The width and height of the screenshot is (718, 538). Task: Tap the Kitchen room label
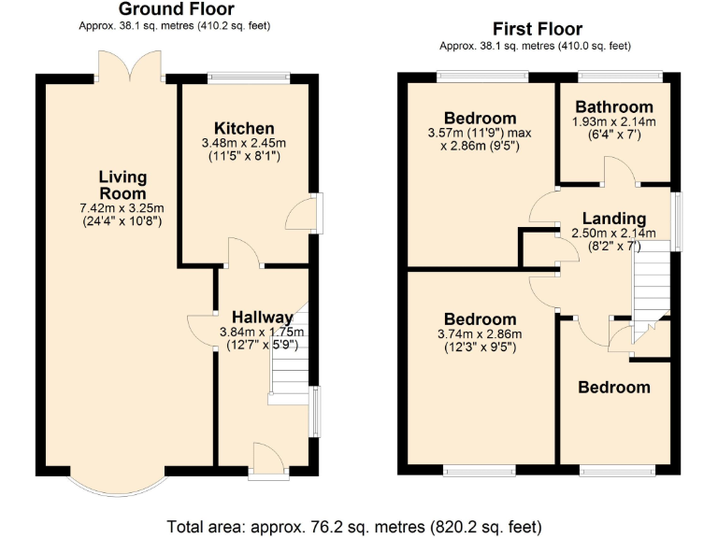[244, 128]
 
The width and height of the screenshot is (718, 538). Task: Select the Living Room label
[124, 185]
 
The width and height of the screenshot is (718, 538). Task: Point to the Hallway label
[263, 318]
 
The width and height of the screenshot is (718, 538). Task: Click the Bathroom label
[614, 106]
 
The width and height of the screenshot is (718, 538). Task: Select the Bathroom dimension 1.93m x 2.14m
[614, 121]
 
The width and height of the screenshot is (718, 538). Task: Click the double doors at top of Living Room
[135, 66]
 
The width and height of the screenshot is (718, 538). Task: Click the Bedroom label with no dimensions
[614, 388]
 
